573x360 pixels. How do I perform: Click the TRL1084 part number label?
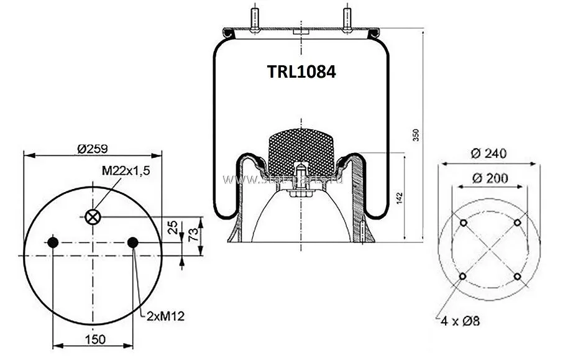point(301,72)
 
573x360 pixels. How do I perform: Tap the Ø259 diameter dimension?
point(93,148)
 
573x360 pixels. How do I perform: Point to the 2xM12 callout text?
point(166,316)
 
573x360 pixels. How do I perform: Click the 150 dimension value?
point(93,339)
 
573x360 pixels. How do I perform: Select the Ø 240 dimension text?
point(489,153)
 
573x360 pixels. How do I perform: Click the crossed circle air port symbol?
point(93,216)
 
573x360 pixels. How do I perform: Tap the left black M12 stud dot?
point(53,242)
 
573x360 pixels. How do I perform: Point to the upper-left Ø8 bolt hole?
point(464,224)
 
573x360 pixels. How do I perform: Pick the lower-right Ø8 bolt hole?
point(517,277)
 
